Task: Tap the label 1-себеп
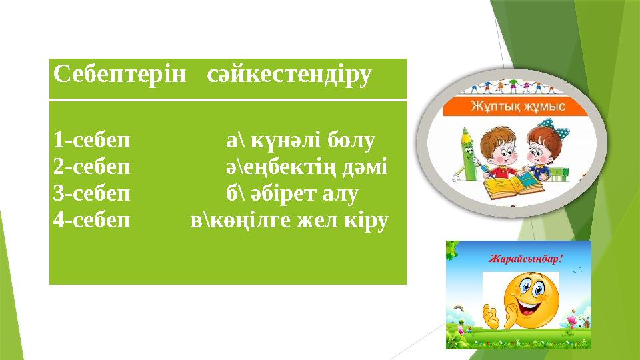pyautogui.click(x=92, y=141)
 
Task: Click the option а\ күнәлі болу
pyautogui.click(x=300, y=141)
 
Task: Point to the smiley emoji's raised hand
pyautogui.click(x=491, y=313)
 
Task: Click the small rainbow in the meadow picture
pyautogui.click(x=459, y=309)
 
